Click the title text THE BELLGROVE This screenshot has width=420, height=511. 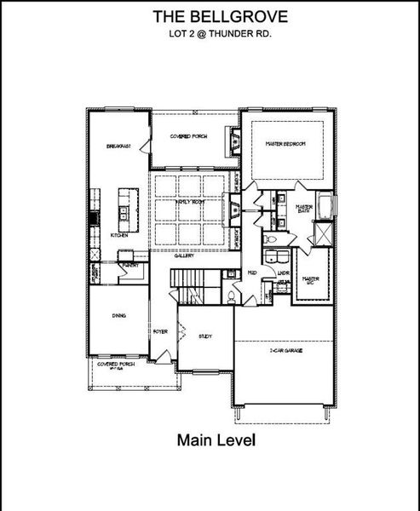210,15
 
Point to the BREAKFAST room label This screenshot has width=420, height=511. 117,146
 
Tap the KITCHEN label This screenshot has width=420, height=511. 118,236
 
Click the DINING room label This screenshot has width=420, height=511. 119,316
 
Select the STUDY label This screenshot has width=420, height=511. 204,336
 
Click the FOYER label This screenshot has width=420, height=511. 159,330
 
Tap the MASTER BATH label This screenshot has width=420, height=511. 303,210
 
